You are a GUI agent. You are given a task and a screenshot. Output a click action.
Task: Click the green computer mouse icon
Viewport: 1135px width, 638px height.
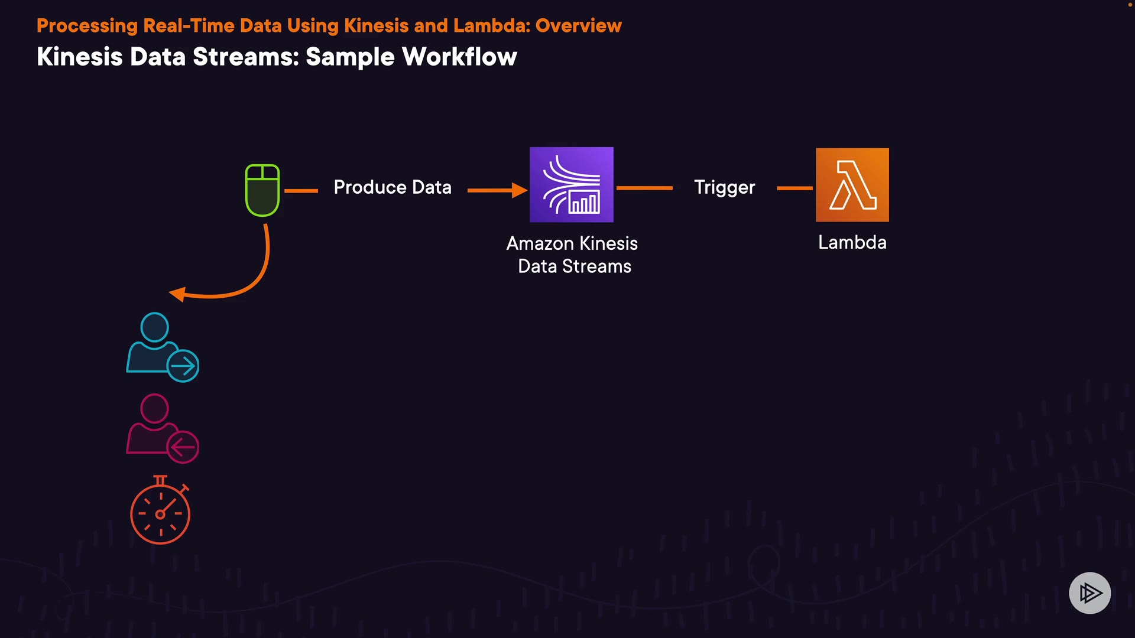pos(262,190)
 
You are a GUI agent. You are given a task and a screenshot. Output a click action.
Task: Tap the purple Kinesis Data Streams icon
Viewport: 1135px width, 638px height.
pos(572,185)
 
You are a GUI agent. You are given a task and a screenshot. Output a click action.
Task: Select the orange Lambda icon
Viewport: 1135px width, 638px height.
pos(852,185)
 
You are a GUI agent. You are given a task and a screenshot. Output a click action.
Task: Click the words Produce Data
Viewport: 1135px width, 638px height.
pos(393,187)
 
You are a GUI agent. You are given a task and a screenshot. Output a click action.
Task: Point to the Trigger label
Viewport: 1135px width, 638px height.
pos(725,188)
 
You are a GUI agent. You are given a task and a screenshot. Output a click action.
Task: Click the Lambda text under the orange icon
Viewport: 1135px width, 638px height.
pos(852,242)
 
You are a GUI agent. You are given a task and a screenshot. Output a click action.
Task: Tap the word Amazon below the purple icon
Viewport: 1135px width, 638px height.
pos(540,243)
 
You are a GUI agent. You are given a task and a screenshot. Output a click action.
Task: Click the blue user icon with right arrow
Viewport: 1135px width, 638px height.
pos(163,347)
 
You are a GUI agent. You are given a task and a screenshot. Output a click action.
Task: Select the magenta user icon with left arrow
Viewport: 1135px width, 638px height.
pos(163,428)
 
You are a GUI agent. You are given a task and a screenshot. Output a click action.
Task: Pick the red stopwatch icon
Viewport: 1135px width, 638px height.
pos(160,510)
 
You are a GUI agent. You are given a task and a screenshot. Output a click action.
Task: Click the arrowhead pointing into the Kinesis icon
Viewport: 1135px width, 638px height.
pos(520,190)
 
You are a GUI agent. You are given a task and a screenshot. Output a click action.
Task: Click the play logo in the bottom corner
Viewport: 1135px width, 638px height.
pos(1090,593)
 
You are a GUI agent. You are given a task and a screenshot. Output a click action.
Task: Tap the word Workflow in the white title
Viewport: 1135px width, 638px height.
pos(460,57)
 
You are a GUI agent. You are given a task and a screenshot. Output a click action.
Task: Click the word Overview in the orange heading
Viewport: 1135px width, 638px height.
pos(579,25)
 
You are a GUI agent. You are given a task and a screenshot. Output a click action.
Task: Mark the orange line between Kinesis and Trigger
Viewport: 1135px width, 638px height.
pos(644,188)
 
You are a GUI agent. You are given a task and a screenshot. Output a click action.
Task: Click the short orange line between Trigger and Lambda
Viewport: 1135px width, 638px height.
pos(795,188)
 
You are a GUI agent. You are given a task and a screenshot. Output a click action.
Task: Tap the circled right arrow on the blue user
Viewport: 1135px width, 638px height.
pos(183,366)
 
